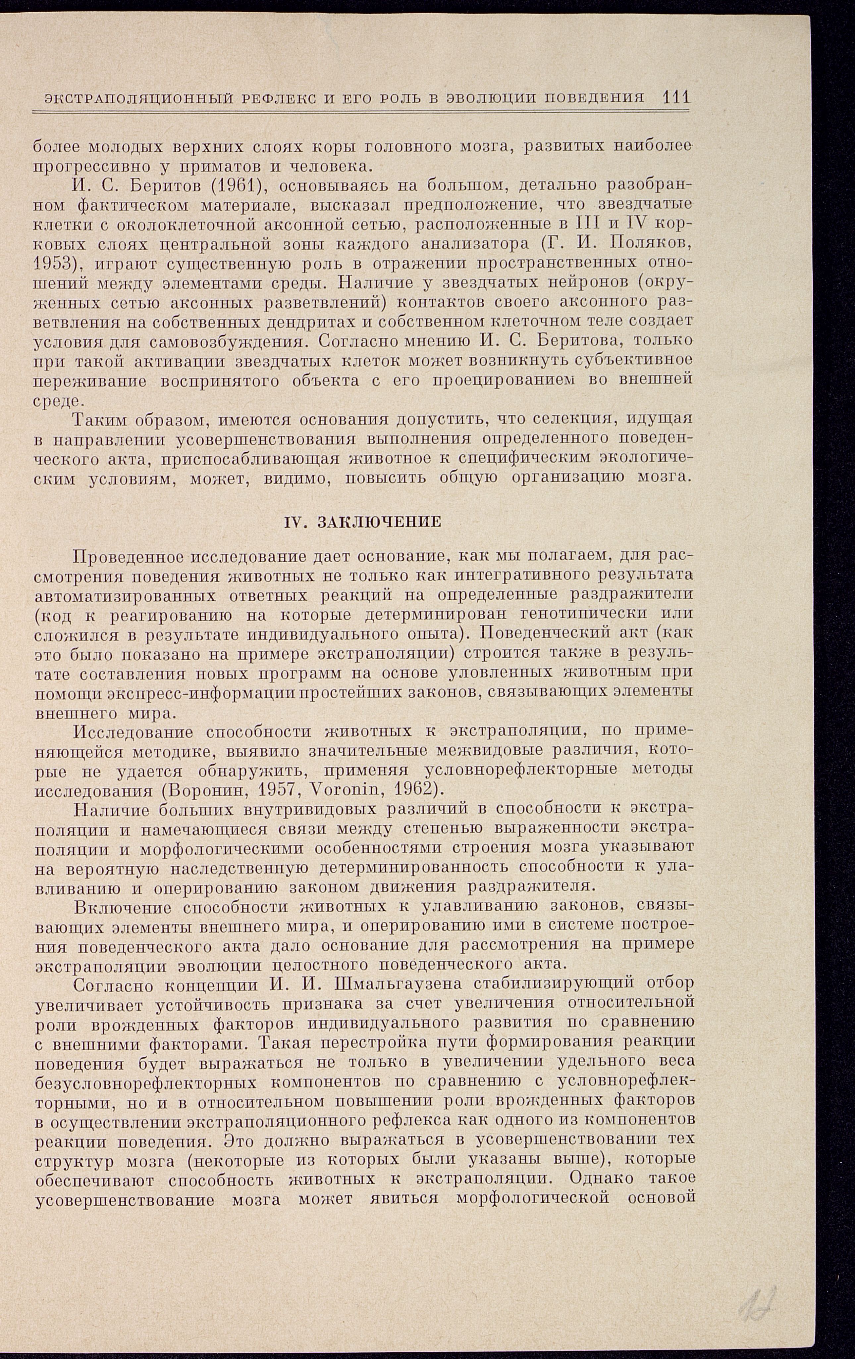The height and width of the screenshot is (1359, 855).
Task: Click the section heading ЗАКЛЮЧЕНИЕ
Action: point(379,522)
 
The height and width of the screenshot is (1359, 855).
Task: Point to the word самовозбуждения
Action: point(231,341)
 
